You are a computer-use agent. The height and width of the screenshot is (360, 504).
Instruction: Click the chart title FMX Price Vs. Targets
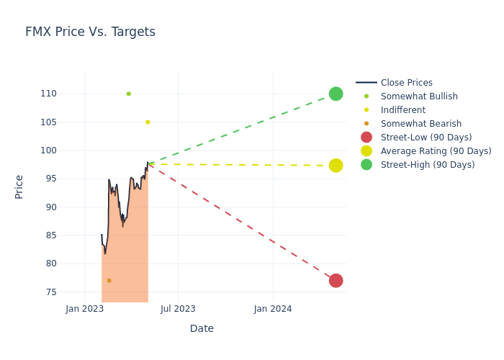[90, 32]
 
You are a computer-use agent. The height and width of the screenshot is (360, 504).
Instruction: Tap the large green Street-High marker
[336, 94]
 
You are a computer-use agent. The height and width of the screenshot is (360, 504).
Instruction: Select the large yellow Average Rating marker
[336, 166]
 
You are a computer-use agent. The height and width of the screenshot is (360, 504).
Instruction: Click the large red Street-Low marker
[336, 281]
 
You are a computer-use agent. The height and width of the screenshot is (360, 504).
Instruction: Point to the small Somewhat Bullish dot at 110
[129, 94]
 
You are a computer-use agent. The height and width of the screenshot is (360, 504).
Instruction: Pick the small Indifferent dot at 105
[148, 122]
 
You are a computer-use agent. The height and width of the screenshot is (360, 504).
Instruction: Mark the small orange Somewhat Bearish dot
[109, 281]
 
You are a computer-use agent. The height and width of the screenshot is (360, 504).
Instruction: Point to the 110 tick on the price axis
[48, 94]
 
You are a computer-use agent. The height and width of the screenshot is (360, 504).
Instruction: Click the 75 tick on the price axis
[51, 292]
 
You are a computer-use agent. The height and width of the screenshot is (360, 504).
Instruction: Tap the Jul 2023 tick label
[178, 309]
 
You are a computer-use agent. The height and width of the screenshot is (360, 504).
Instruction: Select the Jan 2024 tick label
[273, 309]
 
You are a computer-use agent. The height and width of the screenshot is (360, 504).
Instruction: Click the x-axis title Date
[202, 328]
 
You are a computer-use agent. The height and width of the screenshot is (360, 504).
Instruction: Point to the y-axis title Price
[19, 187]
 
